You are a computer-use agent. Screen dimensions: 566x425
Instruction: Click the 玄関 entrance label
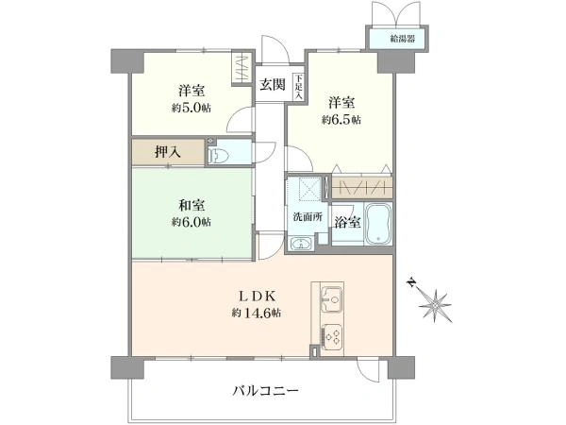click(273, 85)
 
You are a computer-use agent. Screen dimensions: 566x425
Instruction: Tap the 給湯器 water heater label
click(403, 39)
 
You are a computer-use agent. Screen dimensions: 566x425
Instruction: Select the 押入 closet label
click(168, 152)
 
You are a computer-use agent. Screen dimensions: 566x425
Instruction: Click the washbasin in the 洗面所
click(301, 244)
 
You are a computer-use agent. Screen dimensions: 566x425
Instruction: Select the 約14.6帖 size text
click(257, 313)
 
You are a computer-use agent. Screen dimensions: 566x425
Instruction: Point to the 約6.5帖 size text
click(341, 120)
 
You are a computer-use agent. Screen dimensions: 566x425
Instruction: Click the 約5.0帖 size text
click(191, 108)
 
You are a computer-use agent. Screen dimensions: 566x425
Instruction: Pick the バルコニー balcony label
click(265, 391)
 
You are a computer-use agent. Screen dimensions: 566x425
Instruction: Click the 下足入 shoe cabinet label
click(299, 87)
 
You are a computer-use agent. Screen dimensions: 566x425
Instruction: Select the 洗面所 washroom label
click(308, 217)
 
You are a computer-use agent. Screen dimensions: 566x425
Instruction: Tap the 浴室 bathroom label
click(347, 223)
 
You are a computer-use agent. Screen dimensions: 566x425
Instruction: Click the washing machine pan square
click(306, 189)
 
